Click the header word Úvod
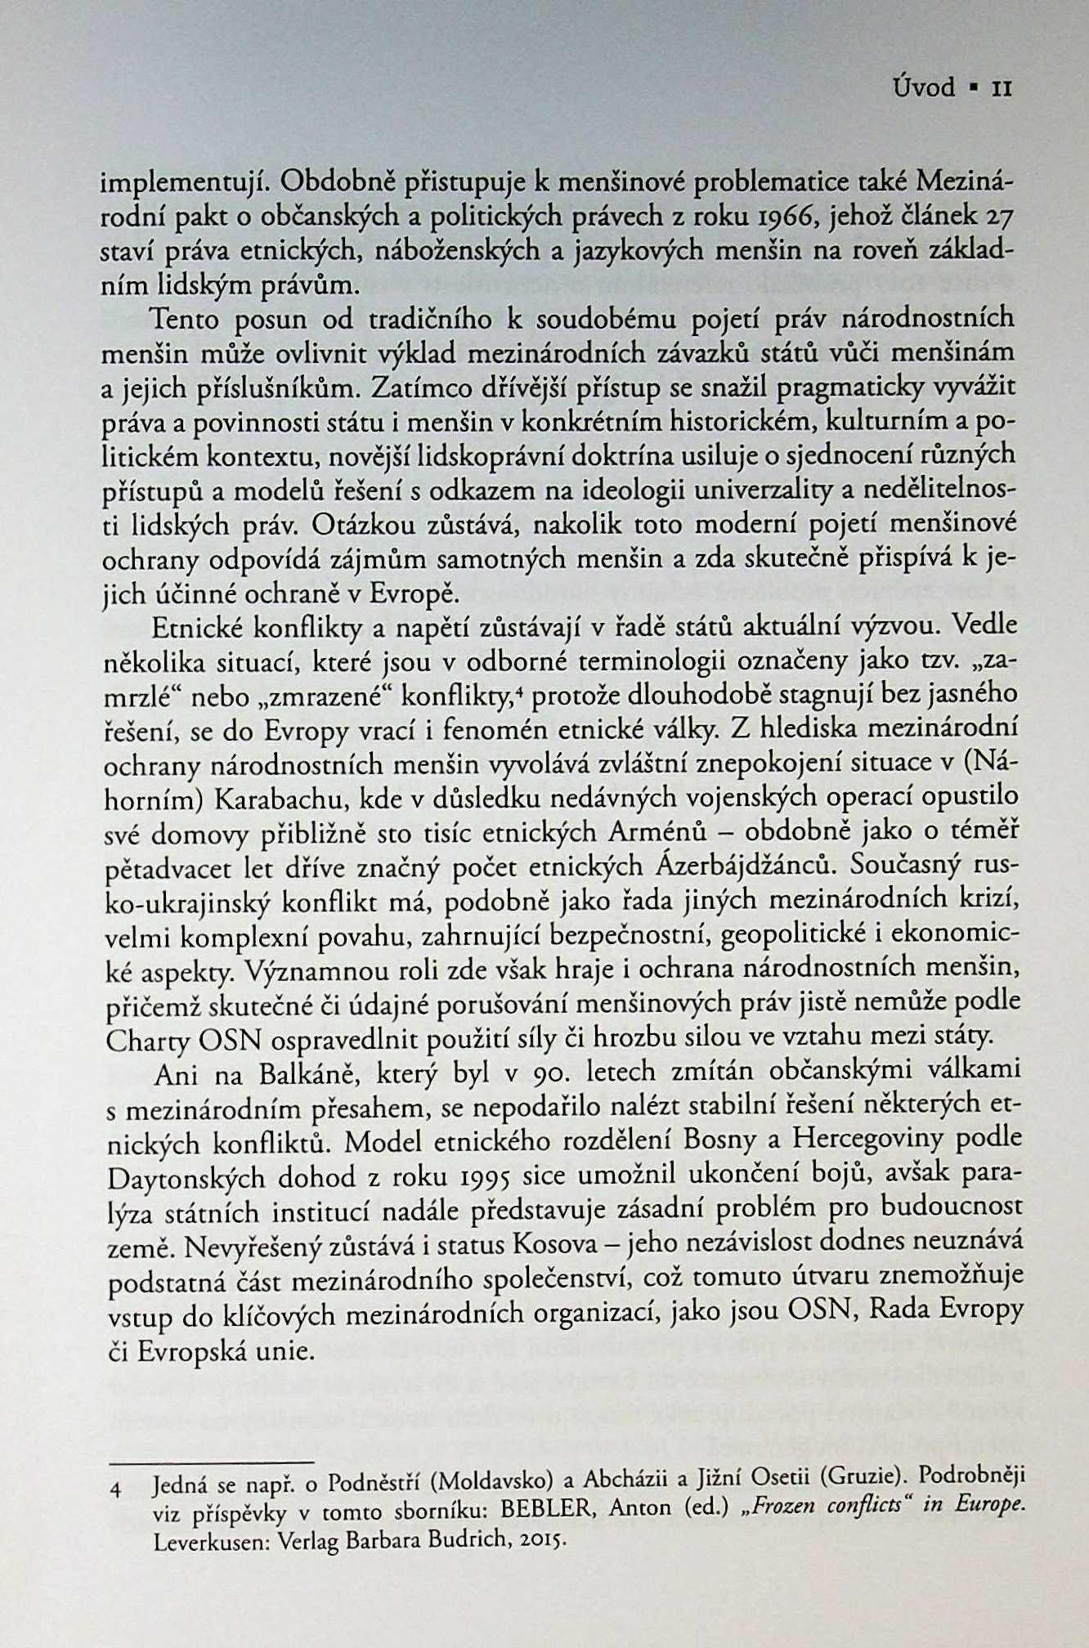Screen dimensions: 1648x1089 coord(924,87)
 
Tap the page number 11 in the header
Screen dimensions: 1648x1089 coord(1002,87)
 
